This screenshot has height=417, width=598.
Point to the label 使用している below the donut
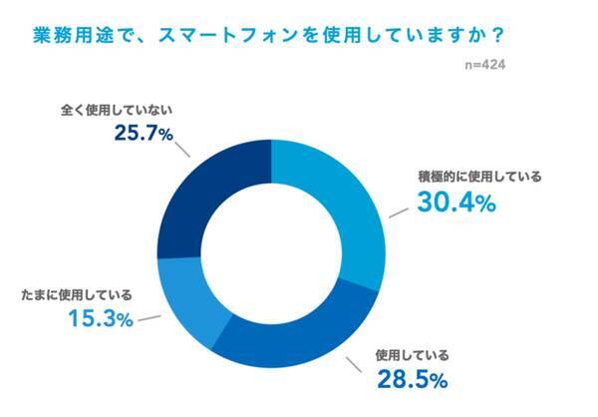411,354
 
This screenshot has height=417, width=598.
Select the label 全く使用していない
120,105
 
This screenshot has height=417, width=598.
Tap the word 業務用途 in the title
61,33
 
